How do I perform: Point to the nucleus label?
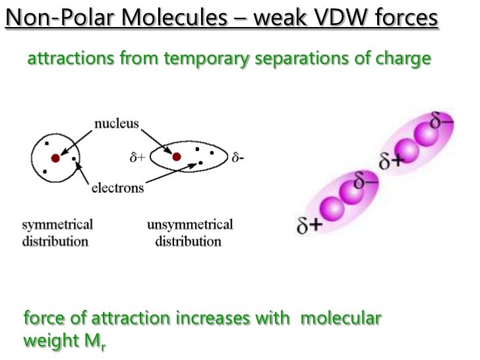(x=115, y=124)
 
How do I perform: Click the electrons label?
(x=117, y=189)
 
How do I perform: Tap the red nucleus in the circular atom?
(x=55, y=158)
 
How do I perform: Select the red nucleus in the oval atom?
(x=177, y=157)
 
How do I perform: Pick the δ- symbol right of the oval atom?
(x=239, y=158)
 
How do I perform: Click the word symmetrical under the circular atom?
(x=57, y=224)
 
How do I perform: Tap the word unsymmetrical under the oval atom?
(x=189, y=224)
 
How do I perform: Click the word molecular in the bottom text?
(x=340, y=318)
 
